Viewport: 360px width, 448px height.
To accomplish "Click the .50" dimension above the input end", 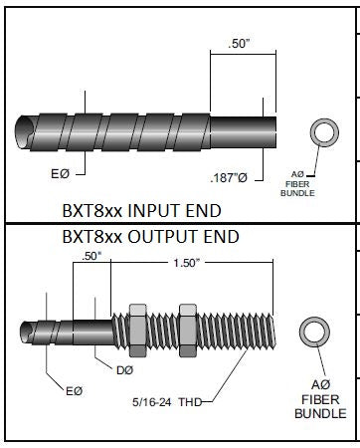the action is coord(239,44).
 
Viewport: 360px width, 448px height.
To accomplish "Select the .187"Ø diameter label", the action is coord(229,178).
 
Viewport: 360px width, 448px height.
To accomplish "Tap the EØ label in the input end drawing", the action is coord(61,173).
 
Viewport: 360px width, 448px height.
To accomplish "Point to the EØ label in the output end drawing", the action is coord(74,391).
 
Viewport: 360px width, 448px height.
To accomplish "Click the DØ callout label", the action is coord(124,370).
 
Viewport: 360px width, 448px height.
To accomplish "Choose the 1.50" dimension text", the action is coord(187,263).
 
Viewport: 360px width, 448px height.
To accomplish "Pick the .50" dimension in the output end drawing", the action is coord(91,256).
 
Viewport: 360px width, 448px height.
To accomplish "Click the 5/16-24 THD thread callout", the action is coord(167,402).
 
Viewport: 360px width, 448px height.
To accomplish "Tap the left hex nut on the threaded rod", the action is coord(137,331).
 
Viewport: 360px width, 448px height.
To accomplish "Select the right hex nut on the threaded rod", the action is coord(188,331).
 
